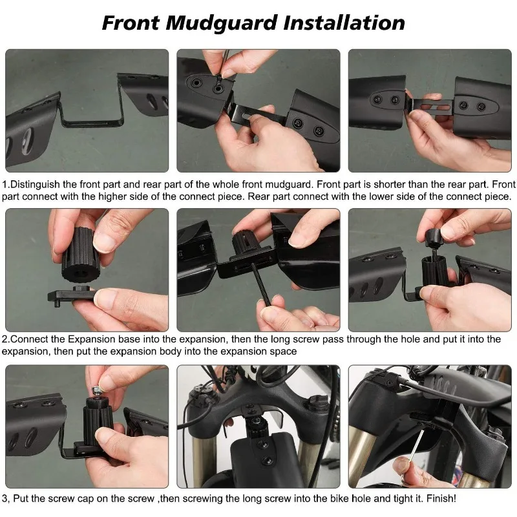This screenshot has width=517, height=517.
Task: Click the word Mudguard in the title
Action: tap(221, 23)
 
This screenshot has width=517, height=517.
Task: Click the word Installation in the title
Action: tap(344, 23)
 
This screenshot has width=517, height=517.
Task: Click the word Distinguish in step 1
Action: tap(35, 184)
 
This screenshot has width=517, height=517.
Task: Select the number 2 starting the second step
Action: tap(5, 339)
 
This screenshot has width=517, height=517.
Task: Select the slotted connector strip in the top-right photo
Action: tap(432, 107)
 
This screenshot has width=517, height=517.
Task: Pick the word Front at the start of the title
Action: tap(131, 23)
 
